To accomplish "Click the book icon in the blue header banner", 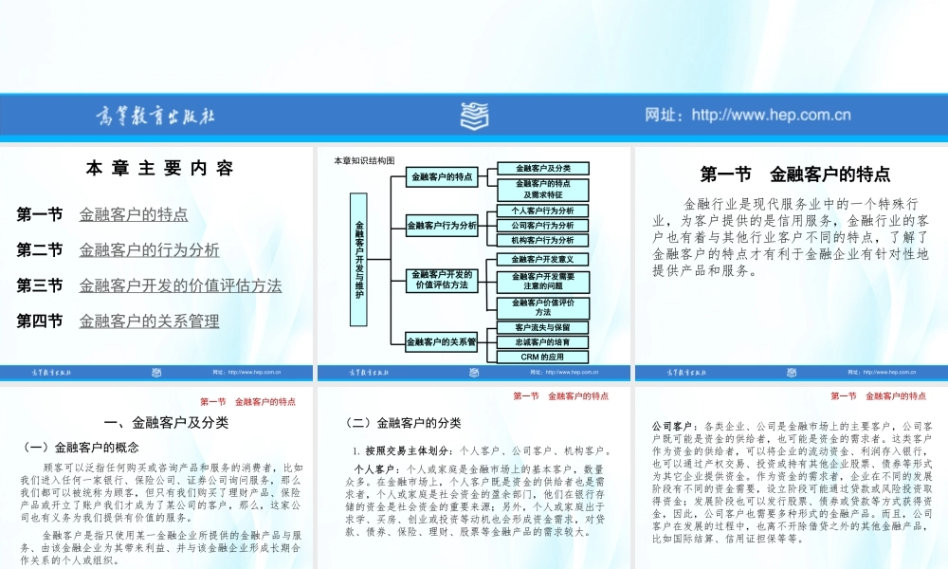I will click(475, 117).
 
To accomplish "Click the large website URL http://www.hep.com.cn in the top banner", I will click(748, 116).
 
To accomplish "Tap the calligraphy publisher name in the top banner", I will click(157, 116).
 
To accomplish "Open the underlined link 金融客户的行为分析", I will click(149, 250).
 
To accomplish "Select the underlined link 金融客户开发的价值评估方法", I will click(180, 285).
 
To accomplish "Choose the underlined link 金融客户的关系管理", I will click(149, 321).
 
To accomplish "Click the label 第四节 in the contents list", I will click(40, 321).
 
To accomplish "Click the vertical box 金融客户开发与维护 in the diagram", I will click(359, 259).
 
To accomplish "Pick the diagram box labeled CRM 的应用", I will click(542, 358).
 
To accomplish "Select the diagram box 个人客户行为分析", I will click(542, 211).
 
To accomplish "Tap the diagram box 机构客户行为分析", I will click(542, 241).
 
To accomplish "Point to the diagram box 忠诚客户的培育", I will click(542, 341).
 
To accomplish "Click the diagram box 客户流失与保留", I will click(542, 326).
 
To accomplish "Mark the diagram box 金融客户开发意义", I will click(542, 259).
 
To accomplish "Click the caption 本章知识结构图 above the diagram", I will click(364, 160).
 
